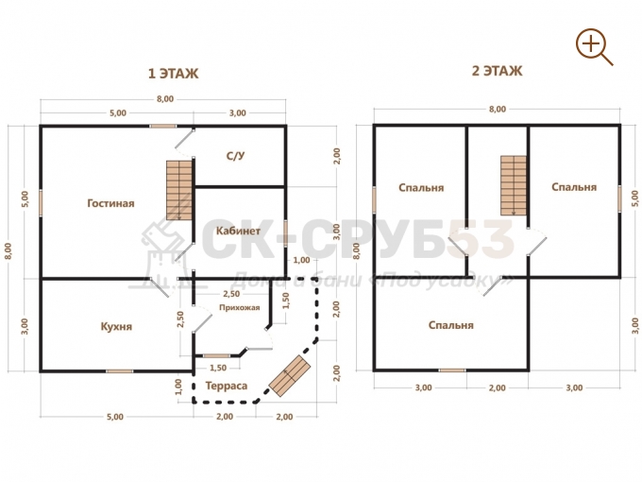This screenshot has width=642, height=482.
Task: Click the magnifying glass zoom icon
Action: (594, 46)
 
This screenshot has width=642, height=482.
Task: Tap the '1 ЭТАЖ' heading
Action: (173, 74)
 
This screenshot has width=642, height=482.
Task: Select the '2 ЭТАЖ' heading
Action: (497, 71)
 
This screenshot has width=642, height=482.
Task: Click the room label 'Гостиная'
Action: (111, 203)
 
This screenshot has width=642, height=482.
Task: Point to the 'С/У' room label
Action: (235, 156)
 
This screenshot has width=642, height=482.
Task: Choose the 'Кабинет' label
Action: (238, 231)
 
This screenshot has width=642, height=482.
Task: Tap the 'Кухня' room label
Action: (116, 327)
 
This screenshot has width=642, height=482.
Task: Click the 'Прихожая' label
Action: (239, 307)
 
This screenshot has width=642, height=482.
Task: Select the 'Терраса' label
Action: (227, 386)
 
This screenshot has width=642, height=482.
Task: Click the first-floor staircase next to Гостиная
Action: (179, 190)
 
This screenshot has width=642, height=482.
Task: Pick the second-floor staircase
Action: (514, 185)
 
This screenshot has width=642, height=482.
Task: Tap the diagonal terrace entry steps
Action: (290, 376)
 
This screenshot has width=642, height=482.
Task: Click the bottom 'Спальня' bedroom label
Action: (451, 325)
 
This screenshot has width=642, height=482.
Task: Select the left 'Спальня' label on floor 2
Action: (421, 188)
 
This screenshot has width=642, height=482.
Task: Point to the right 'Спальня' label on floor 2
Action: (574, 187)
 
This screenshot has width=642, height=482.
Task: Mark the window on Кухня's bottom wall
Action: (120, 371)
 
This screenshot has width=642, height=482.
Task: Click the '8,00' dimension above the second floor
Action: (497, 109)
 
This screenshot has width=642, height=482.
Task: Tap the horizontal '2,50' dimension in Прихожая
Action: (231, 294)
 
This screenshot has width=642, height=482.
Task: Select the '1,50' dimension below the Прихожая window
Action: (218, 368)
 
